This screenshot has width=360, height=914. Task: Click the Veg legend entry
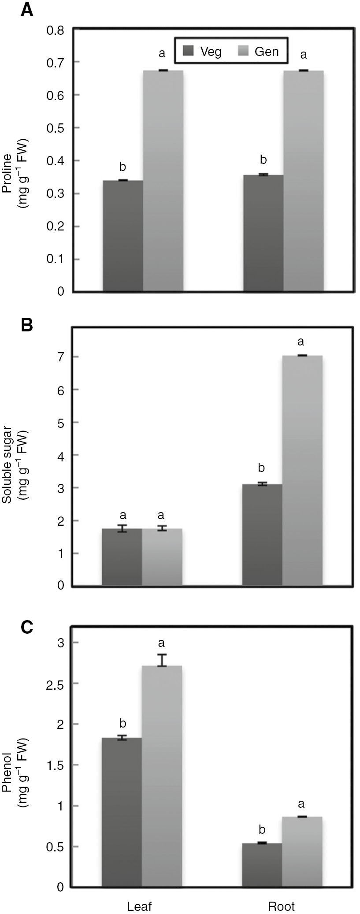tap(203, 52)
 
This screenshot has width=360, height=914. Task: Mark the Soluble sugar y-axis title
tap(14, 467)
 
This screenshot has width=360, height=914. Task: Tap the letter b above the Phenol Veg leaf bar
tap(123, 723)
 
